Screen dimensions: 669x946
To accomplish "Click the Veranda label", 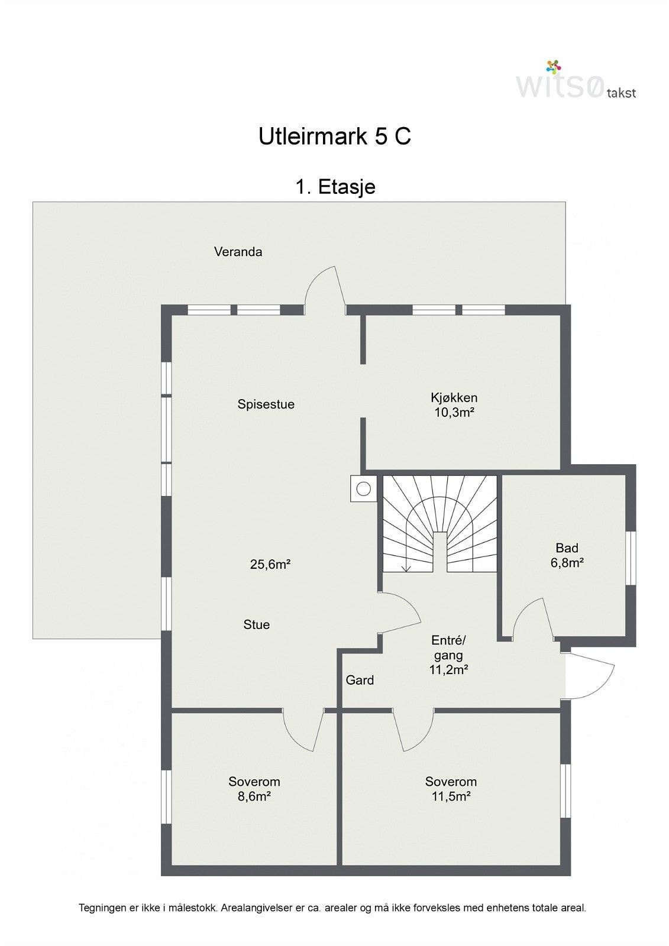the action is (238, 252).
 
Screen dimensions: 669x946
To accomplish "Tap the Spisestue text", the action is (266, 404).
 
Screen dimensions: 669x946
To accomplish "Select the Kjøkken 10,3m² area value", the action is (454, 412).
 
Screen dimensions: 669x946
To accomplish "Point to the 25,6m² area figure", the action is (270, 564).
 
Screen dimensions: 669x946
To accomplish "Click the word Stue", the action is (257, 624).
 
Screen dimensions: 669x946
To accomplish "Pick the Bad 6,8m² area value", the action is (567, 562).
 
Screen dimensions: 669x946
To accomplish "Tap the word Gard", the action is (360, 680).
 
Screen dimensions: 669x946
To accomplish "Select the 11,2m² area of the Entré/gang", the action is (448, 670).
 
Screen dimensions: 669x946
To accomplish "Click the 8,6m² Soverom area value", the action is (254, 796).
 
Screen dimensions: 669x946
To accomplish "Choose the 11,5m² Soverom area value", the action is (451, 796).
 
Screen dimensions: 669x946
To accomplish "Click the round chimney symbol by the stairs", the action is (363, 489).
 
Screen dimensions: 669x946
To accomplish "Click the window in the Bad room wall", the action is (631, 558).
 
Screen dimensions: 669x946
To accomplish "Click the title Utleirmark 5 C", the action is (334, 137).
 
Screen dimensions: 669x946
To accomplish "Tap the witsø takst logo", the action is (576, 80).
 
